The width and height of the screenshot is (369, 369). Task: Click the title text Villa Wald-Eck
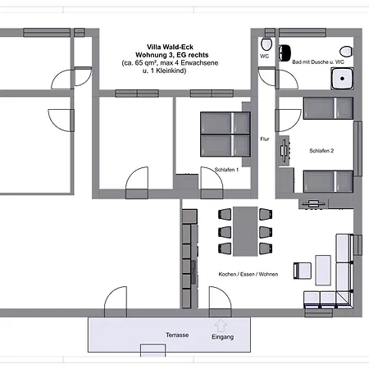(x=171, y=47)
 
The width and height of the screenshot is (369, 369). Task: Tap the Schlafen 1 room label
(x=226, y=169)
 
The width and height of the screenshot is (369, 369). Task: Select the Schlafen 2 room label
(x=321, y=151)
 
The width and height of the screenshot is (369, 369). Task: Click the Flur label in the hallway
(x=264, y=139)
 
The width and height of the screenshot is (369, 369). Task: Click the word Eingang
(x=222, y=337)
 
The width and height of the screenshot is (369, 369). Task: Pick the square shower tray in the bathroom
(x=343, y=78)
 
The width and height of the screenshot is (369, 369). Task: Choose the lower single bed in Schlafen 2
(x=328, y=180)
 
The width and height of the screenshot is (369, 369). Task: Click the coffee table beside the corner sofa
(x=322, y=268)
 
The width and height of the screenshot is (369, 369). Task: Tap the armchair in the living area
(x=301, y=268)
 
